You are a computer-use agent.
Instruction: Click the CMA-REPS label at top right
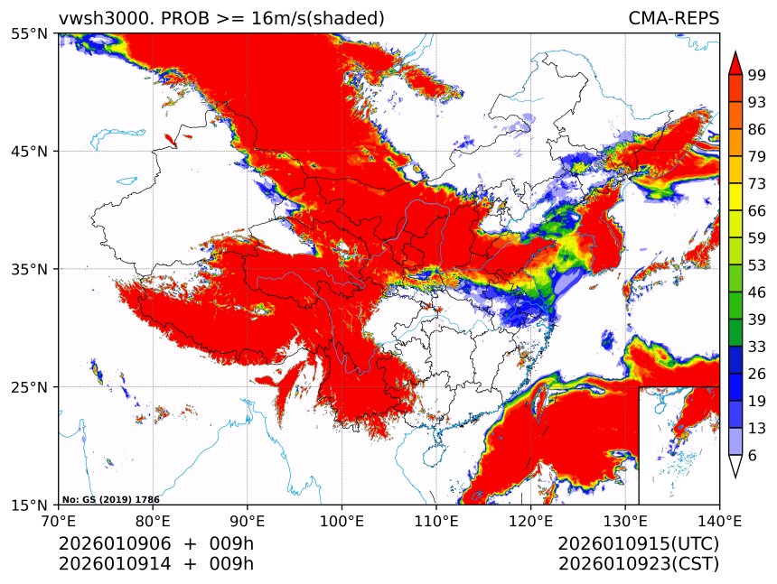point(673,18)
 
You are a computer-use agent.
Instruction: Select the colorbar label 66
point(757,210)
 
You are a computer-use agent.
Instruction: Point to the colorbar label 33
point(757,347)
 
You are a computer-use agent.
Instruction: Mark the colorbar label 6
point(752,456)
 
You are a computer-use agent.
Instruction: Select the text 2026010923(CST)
point(638,564)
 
